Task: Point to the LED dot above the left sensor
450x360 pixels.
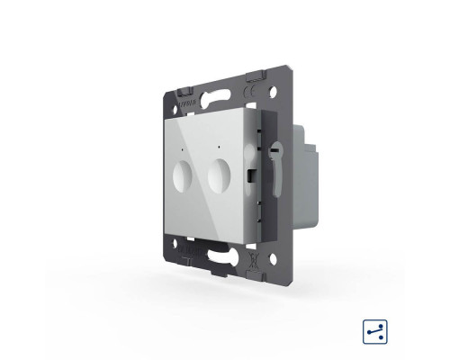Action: click(x=184, y=146)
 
